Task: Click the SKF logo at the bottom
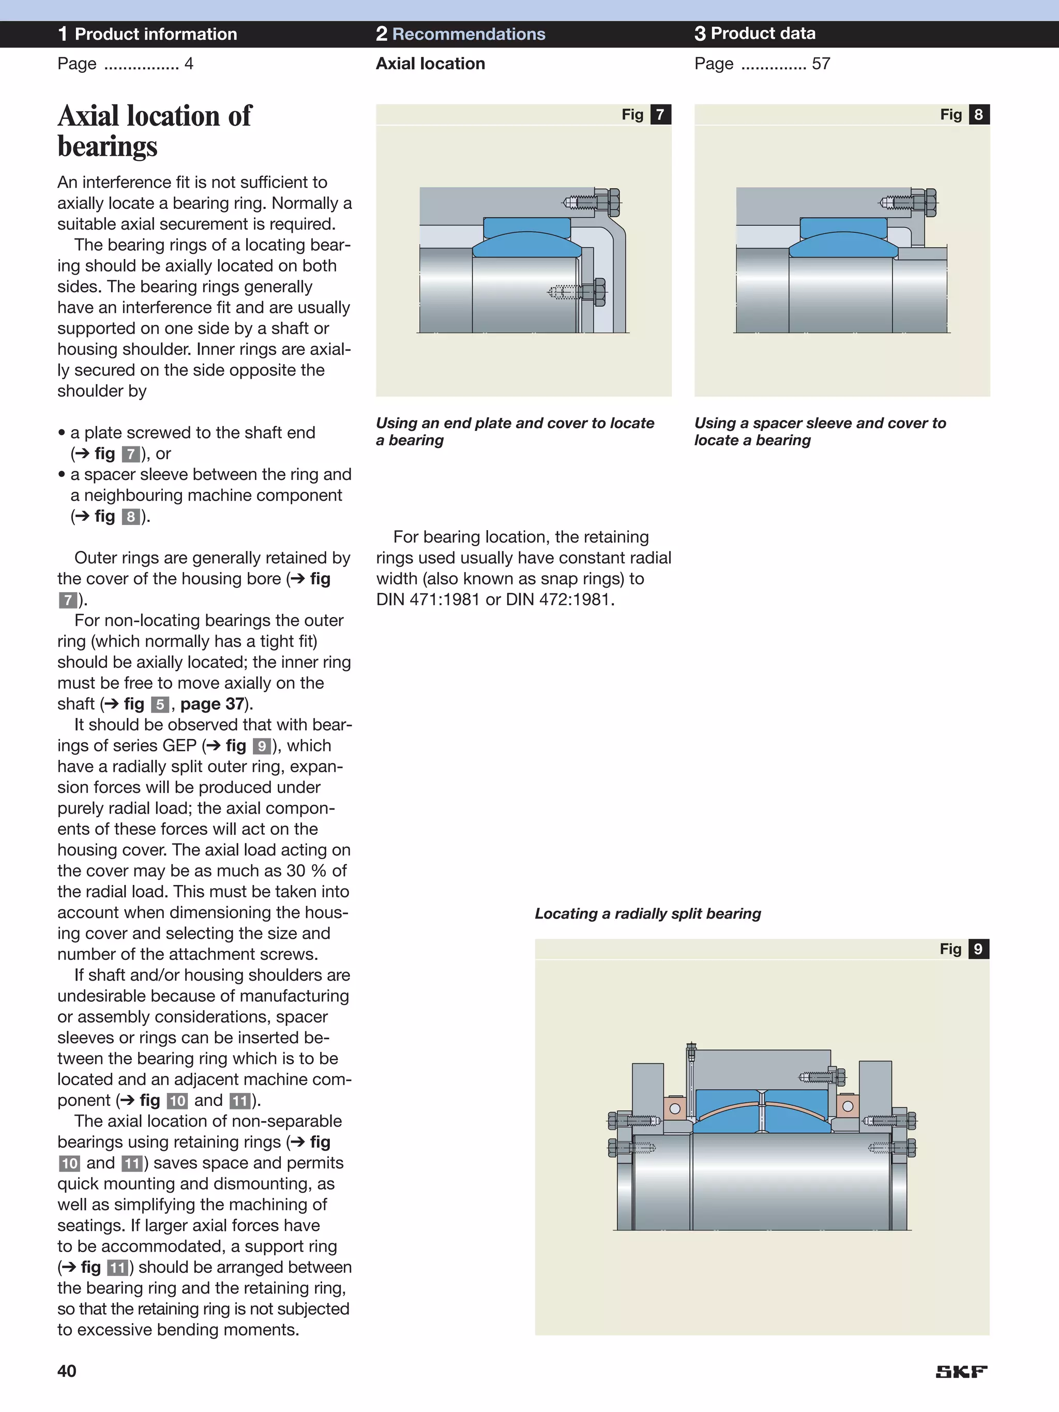[x=961, y=1371]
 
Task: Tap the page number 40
[x=67, y=1371]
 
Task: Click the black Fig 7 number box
[x=660, y=115]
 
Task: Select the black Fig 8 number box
[x=978, y=115]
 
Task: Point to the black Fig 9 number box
[x=978, y=949]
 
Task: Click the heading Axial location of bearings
[x=155, y=131]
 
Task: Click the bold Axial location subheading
[x=430, y=64]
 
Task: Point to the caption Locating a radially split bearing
[x=647, y=913]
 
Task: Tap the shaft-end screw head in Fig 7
[x=599, y=293]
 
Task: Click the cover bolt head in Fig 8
[x=930, y=203]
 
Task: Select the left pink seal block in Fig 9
[x=675, y=1109]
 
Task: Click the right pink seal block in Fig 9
[x=847, y=1106]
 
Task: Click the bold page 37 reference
[x=213, y=704]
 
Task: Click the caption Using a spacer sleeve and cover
[x=820, y=431]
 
